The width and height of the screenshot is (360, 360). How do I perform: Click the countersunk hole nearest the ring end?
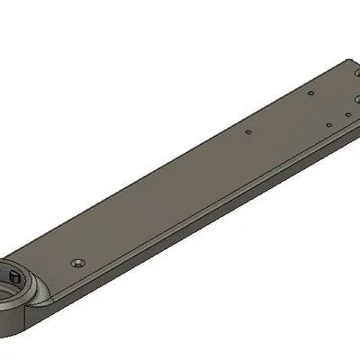coord(77,262)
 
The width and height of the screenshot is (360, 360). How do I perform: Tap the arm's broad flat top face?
coord(180,180)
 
